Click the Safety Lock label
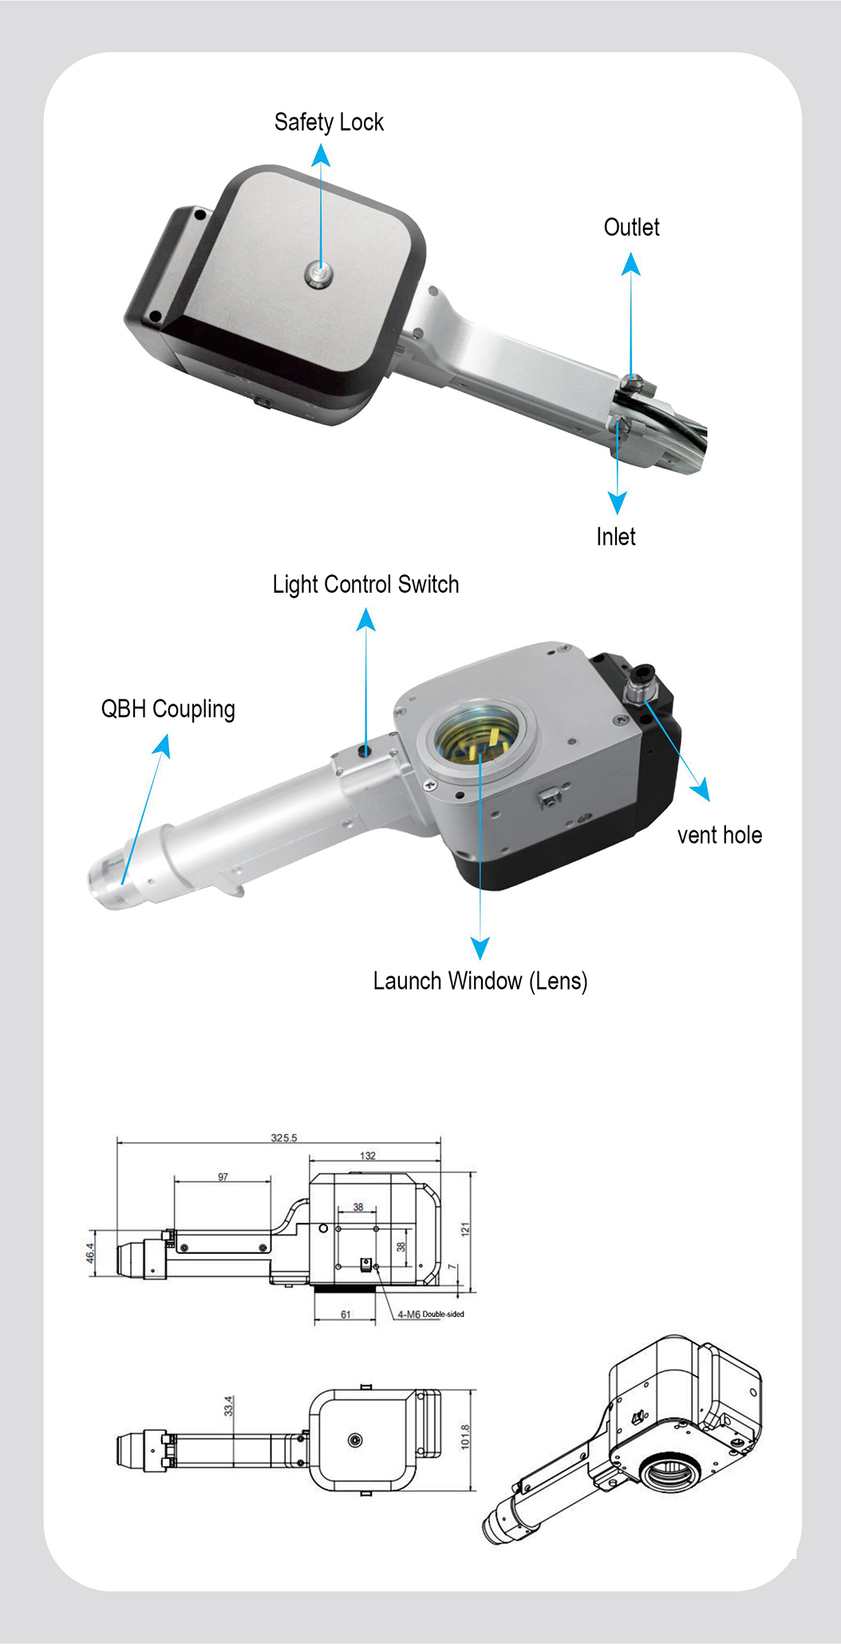tap(329, 122)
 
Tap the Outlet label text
tap(631, 227)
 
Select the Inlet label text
tap(616, 537)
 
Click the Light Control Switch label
tap(365, 585)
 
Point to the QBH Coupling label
tap(168, 709)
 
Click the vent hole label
tap(720, 835)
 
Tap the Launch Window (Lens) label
tap(480, 981)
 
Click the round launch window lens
tap(478, 743)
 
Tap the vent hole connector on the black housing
tap(640, 684)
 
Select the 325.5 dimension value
tap(284, 1137)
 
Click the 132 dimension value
tap(367, 1155)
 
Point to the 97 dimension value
tap(223, 1177)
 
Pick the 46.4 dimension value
tap(90, 1252)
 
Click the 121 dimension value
tap(465, 1229)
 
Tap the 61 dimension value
tap(345, 1315)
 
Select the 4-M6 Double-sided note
tap(431, 1314)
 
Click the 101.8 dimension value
tap(465, 1436)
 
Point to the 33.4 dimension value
tap(229, 1405)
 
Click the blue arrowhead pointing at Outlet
tap(631, 264)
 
